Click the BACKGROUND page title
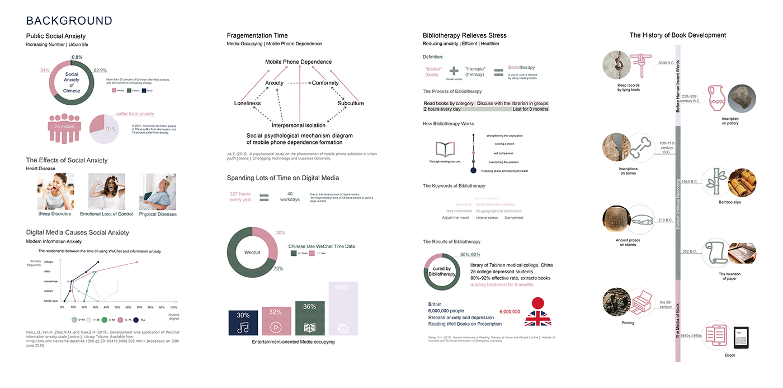pyautogui.click(x=69, y=21)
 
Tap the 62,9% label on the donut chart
pyautogui.click(x=100, y=71)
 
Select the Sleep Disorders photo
pyautogui.click(x=55, y=191)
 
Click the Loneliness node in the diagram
pyautogui.click(x=247, y=104)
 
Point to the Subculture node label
pyautogui.click(x=351, y=104)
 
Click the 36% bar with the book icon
pyautogui.click(x=309, y=319)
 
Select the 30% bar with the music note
pyautogui.click(x=243, y=323)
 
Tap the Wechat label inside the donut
pyautogui.click(x=252, y=253)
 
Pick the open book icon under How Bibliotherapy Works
pyautogui.click(x=445, y=149)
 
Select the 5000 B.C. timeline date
pyautogui.click(x=666, y=63)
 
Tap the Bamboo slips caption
pyautogui.click(x=729, y=202)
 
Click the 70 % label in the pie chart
pyautogui.click(x=111, y=129)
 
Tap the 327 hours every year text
pyautogui.click(x=240, y=197)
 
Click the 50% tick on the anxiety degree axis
pyautogui.click(x=117, y=307)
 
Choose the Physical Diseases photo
pyautogui.click(x=158, y=191)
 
